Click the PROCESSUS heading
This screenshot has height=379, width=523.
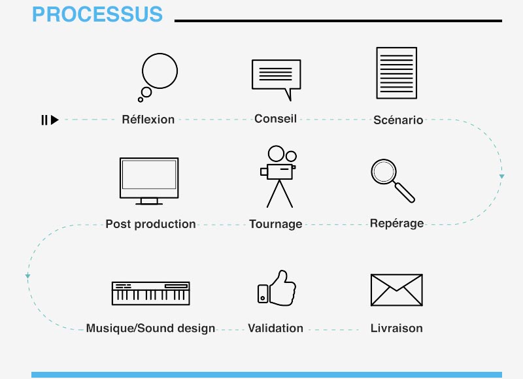[97, 14]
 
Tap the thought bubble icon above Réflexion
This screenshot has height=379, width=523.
[159, 71]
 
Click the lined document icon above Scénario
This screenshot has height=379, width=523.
[397, 73]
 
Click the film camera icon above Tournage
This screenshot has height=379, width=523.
[279, 176]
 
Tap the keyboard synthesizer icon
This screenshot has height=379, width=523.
[151, 293]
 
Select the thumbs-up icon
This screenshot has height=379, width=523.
[277, 288]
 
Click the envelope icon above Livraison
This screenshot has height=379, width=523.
[397, 290]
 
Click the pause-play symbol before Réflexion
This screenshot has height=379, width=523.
[50, 120]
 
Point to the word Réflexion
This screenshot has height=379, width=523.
[148, 120]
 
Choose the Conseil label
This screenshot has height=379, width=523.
[275, 119]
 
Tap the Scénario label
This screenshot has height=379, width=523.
[398, 120]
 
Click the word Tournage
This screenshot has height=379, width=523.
[276, 224]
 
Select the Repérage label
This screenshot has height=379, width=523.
[397, 223]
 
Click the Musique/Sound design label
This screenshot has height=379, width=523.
[150, 328]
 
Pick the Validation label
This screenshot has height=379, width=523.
[275, 328]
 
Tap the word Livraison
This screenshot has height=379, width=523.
[397, 328]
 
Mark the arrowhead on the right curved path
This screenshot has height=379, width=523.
[501, 176]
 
